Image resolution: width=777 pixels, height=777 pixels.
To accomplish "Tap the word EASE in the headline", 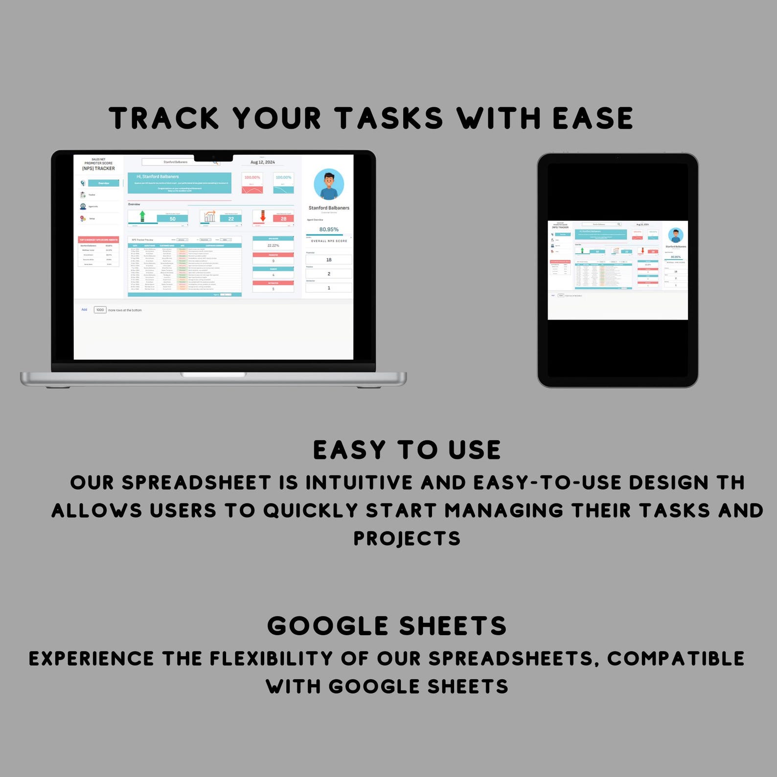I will [x=593, y=118].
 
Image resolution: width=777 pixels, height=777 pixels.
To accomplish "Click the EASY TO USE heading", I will [x=407, y=450].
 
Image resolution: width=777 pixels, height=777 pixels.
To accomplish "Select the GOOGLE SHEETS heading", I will [x=387, y=626].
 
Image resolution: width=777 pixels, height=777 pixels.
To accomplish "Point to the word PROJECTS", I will [x=407, y=538].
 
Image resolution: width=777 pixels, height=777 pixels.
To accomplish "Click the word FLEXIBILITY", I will [x=272, y=659].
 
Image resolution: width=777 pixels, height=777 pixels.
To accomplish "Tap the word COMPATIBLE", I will [x=676, y=659].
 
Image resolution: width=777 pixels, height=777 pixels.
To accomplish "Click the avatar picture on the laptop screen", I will [x=329, y=184].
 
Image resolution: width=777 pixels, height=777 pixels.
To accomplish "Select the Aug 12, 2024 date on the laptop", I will [x=263, y=162].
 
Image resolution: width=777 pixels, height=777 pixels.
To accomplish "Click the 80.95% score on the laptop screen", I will [x=329, y=229].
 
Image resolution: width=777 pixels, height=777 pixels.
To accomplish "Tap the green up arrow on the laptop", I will [x=142, y=216].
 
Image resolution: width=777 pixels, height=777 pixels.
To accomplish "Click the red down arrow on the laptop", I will [x=263, y=216].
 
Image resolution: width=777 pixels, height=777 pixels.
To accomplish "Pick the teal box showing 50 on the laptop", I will [x=172, y=219].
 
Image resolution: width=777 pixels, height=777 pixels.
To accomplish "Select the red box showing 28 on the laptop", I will [x=283, y=219].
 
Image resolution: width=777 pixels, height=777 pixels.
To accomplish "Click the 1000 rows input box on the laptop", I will [x=100, y=310].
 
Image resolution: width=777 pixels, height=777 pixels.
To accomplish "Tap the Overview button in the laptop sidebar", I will [x=104, y=183].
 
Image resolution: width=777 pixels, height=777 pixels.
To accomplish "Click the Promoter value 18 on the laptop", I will [x=329, y=260].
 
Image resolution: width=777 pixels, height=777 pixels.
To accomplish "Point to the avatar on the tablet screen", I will [x=676, y=235].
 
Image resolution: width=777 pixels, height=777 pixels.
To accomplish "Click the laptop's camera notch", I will [x=214, y=158].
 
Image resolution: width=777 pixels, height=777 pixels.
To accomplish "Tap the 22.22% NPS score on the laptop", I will [x=273, y=245].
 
